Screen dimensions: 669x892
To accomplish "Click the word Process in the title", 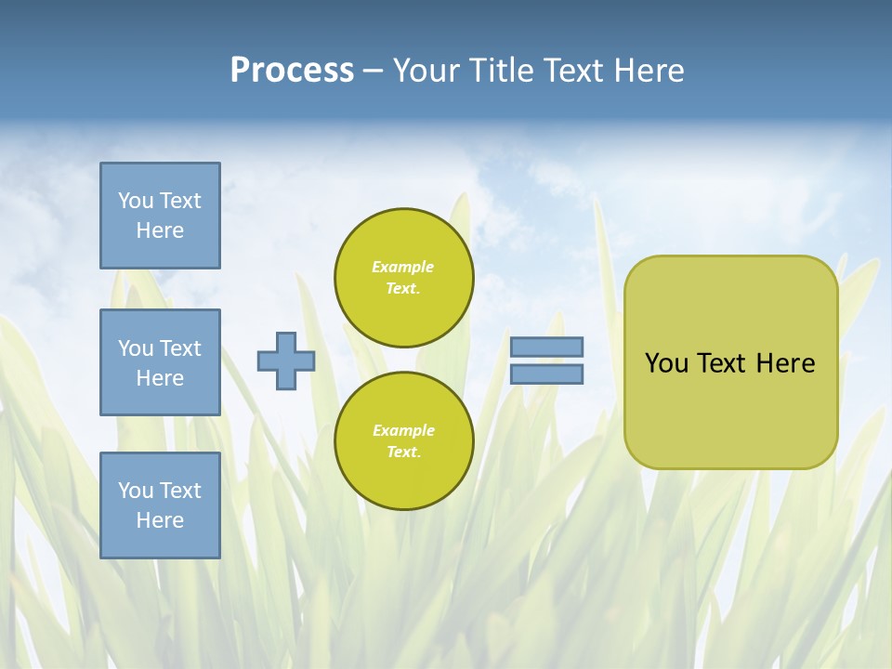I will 292,71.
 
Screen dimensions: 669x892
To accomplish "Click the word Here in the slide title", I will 647,71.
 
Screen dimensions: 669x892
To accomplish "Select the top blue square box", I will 160,216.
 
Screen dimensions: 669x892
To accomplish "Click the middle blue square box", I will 160,362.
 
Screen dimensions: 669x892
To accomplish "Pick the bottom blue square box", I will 160,505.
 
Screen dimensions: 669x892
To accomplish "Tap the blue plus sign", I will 285,361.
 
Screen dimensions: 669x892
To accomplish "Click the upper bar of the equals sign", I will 546,347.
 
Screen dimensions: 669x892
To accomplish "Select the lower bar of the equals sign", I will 546,374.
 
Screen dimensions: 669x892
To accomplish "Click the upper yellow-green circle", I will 404,278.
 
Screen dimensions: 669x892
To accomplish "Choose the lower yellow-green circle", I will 404,440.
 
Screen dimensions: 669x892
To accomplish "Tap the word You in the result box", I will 666,363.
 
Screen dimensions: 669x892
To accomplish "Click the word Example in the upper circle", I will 403,267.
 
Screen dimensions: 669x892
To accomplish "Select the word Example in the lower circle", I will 403,430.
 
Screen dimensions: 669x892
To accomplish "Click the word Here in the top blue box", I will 160,230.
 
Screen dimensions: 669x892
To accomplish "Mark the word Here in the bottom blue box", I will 160,520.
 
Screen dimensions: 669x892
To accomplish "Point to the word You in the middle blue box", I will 136,348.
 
